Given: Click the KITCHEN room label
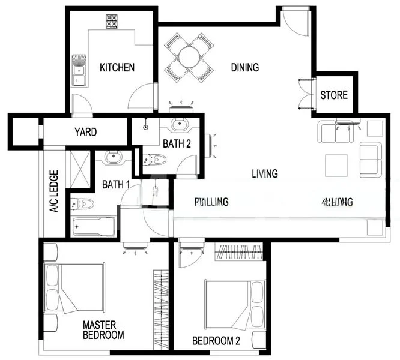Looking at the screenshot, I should tap(117, 67).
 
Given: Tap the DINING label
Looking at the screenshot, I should tap(245, 67).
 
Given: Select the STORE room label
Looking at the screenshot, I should tap(334, 95).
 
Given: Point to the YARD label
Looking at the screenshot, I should tap(85, 132).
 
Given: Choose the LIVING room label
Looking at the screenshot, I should tap(264, 174).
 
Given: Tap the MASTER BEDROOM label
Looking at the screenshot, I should tap(103, 330).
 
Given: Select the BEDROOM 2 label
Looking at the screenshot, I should tap(216, 341).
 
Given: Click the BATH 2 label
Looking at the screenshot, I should tap(177, 143).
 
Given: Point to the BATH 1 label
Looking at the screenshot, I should tap(116, 185).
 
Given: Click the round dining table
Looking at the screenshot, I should tap(189, 58).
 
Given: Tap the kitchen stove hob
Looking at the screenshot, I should tap(112, 22).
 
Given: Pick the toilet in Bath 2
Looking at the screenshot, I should tap(156, 160).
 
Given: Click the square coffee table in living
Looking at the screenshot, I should tap(336, 165).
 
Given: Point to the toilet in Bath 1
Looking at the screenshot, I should tap(83, 204).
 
